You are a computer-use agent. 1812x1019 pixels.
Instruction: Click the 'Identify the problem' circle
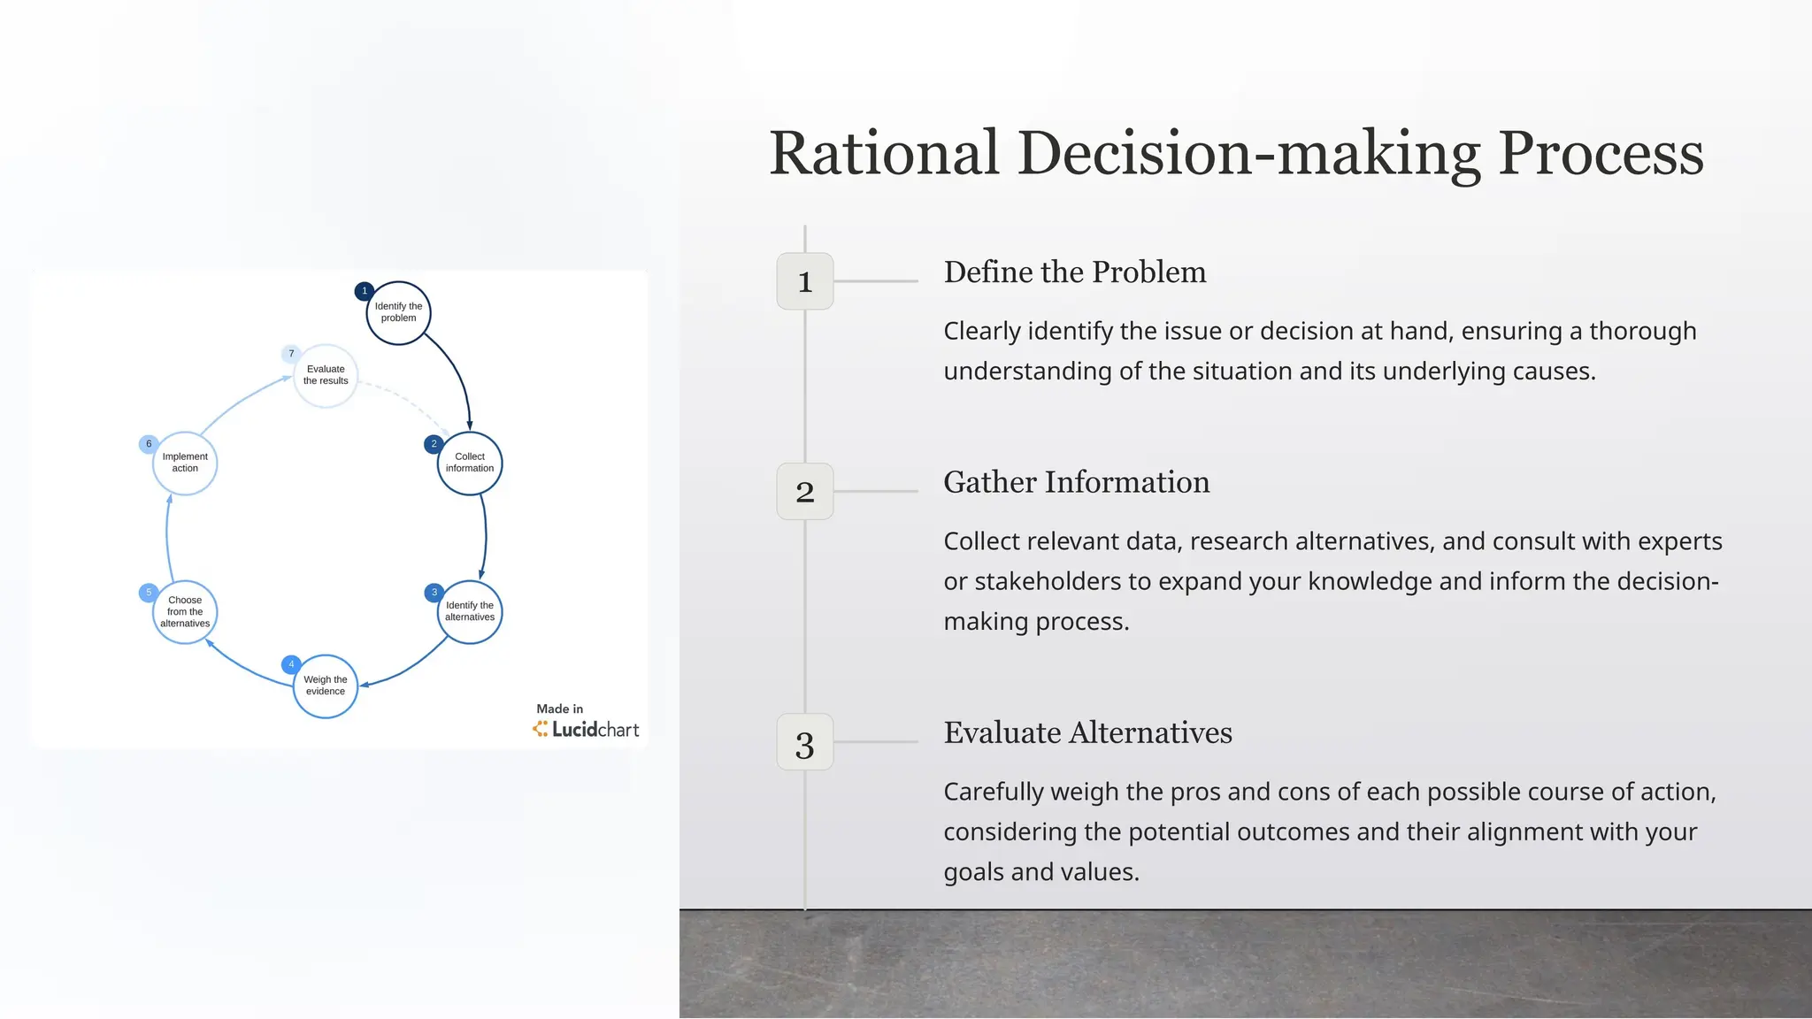pyautogui.click(x=398, y=313)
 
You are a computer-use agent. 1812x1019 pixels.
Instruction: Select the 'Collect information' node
pyautogui.click(x=470, y=463)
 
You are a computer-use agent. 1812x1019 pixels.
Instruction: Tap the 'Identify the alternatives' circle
pyautogui.click(x=470, y=611)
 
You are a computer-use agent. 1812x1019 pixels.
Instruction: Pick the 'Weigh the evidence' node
pyautogui.click(x=326, y=686)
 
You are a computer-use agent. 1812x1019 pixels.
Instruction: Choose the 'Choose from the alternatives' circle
pyautogui.click(x=185, y=612)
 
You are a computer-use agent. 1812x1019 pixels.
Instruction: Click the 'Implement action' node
pyautogui.click(x=185, y=463)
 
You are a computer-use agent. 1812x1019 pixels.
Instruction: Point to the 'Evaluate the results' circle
pyautogui.click(x=326, y=375)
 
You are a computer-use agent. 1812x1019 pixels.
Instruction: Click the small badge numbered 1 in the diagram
pyautogui.click(x=364, y=291)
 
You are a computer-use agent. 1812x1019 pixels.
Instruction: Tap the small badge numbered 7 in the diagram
pyautogui.click(x=291, y=354)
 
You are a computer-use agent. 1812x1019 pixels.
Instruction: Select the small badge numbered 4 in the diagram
pyautogui.click(x=291, y=664)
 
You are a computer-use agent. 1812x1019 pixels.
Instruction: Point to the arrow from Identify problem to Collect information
pyautogui.click(x=457, y=372)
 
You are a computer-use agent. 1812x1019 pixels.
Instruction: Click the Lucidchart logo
pyautogui.click(x=586, y=729)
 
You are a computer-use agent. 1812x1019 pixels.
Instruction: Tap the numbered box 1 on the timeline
pyautogui.click(x=804, y=281)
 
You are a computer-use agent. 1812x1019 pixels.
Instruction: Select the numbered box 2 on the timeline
pyautogui.click(x=804, y=491)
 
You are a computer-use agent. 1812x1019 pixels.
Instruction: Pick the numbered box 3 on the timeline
pyautogui.click(x=804, y=742)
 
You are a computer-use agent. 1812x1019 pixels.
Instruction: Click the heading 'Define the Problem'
pyautogui.click(x=1074, y=272)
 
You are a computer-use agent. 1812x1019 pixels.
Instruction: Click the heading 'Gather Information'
pyautogui.click(x=1076, y=482)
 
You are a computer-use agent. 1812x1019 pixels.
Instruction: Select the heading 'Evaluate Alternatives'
pyautogui.click(x=1087, y=732)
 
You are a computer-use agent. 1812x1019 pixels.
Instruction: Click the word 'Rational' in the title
pyautogui.click(x=884, y=154)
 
